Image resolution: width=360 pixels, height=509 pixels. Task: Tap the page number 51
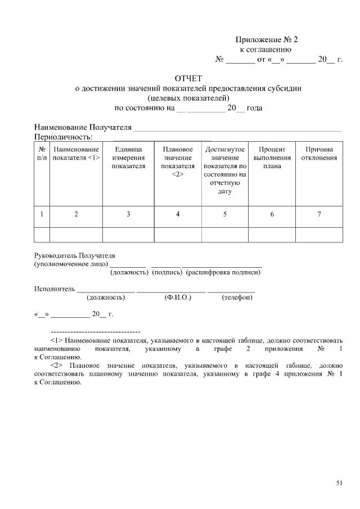[x=339, y=483]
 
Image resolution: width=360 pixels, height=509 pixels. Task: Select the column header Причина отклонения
[x=319, y=154]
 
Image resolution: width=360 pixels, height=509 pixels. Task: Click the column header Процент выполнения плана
[x=272, y=157]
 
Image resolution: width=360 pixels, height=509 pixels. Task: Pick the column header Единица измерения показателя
[x=128, y=157]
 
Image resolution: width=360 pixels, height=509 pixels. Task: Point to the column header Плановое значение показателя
[x=178, y=161]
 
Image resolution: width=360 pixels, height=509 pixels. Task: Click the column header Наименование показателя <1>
[x=76, y=154]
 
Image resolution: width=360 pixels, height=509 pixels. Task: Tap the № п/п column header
[x=42, y=154]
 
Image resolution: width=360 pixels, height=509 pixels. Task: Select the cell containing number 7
[x=319, y=214]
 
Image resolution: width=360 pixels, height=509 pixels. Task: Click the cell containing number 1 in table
[x=42, y=214]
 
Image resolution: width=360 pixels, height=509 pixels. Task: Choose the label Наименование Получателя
[x=83, y=128]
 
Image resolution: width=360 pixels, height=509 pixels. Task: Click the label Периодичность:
[x=63, y=137]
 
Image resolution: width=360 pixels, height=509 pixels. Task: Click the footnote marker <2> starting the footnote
[x=57, y=364]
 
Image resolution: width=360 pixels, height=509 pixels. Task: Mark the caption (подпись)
[x=167, y=272]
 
